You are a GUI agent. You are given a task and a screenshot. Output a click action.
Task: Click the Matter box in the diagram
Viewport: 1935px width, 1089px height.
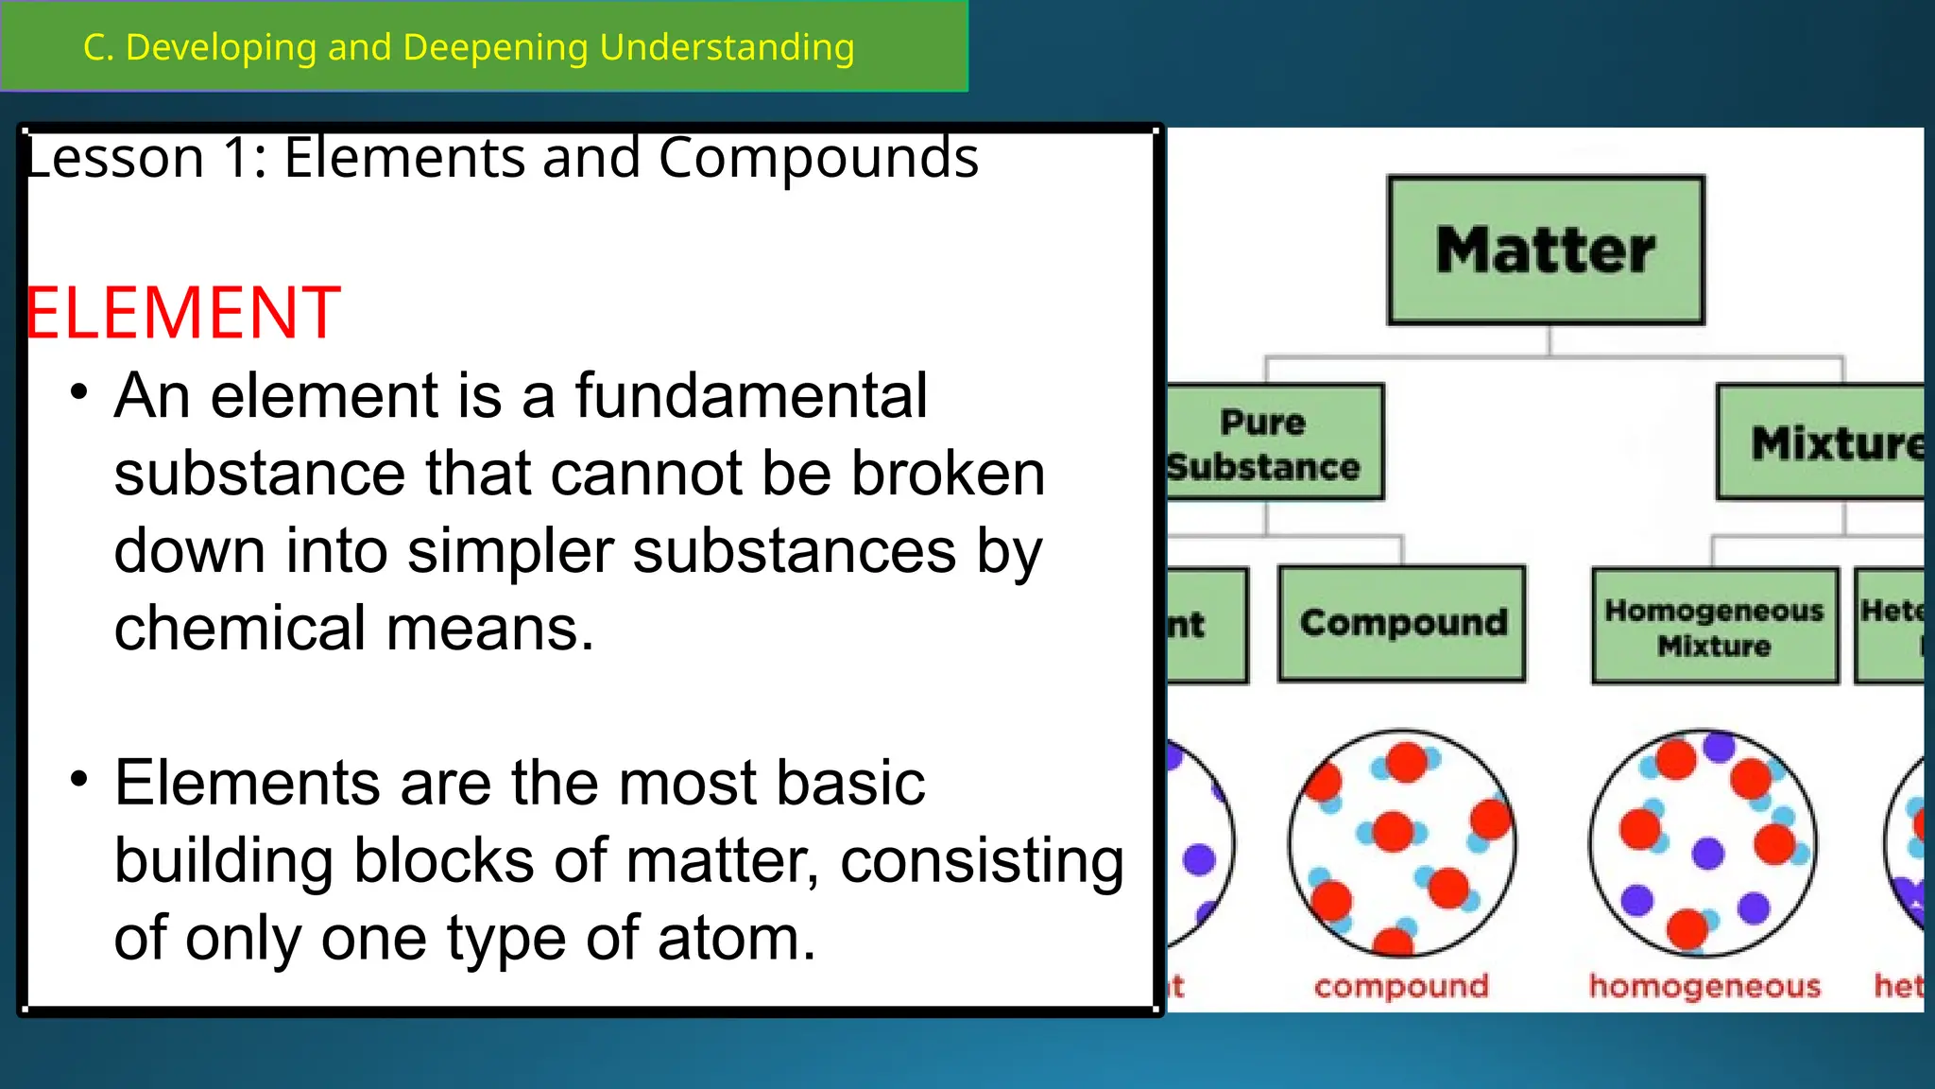click(1546, 251)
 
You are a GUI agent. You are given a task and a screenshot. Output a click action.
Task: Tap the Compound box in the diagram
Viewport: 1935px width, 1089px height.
click(1402, 623)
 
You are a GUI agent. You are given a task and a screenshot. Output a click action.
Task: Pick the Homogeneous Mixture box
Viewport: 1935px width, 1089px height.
click(1714, 626)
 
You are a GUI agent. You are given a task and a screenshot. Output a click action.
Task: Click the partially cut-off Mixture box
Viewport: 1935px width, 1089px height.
click(1824, 442)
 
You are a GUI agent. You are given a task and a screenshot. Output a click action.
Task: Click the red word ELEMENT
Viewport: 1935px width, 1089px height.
click(182, 313)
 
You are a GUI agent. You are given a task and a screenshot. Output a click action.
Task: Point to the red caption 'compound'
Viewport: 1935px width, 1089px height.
click(1400, 986)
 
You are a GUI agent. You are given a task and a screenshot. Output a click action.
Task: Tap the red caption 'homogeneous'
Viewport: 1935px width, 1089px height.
click(1704, 986)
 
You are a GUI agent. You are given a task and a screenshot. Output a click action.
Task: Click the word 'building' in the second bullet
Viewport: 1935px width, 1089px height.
click(224, 861)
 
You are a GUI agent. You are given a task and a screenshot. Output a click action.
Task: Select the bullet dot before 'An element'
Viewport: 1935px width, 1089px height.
click(79, 391)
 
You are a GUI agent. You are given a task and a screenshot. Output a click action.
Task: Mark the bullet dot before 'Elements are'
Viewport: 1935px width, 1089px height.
click(79, 779)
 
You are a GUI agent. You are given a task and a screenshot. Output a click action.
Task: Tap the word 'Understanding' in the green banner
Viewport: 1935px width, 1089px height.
click(727, 47)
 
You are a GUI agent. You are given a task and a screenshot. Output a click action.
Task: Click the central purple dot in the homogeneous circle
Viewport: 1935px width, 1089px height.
click(1707, 853)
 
